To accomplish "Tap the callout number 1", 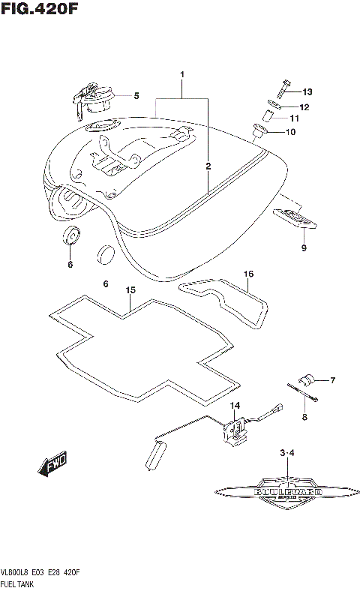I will pyautogui.click(x=181, y=75).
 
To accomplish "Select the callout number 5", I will pyautogui.click(x=136, y=96).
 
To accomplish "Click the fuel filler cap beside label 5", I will pyautogui.click(x=94, y=97).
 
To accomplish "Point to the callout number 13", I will pyautogui.click(x=307, y=91).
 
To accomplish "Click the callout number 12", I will pyautogui.click(x=305, y=107).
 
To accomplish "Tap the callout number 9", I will pyautogui.click(x=304, y=248).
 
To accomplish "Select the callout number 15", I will pyautogui.click(x=130, y=289).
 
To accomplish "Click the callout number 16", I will pyautogui.click(x=247, y=274).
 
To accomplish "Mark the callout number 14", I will pyautogui.click(x=234, y=406).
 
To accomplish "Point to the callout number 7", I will pyautogui.click(x=332, y=380).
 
